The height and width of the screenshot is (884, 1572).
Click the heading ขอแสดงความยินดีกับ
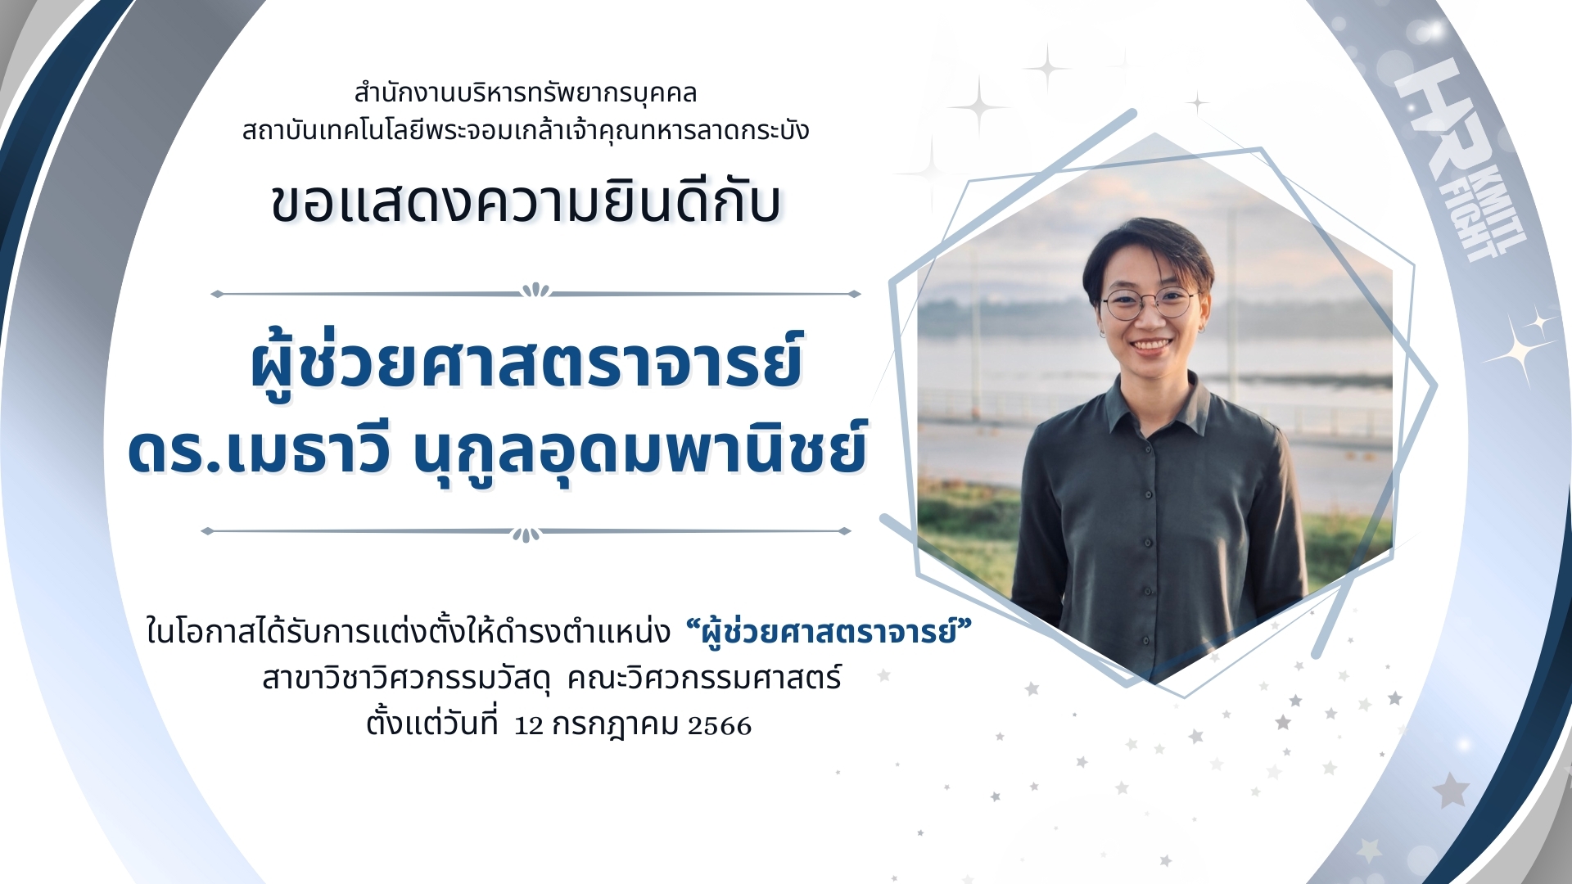[x=526, y=202]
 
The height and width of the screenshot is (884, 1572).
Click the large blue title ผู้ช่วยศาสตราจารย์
[x=526, y=364]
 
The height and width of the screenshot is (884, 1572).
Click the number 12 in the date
[x=529, y=726]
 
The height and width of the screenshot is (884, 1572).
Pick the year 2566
[x=720, y=726]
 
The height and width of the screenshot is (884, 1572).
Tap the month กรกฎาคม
[x=616, y=725]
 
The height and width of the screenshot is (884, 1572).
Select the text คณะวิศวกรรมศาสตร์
[x=704, y=679]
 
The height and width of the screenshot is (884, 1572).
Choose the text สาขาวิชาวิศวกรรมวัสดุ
[x=406, y=679]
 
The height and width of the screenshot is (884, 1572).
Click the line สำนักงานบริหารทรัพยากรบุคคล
[x=526, y=93]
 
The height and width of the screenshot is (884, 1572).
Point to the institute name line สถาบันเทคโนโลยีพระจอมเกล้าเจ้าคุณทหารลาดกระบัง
[x=526, y=130]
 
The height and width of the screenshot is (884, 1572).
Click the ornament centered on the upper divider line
[x=536, y=290]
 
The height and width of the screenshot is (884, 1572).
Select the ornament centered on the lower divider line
[x=526, y=534]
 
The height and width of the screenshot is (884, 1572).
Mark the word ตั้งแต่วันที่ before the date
[x=431, y=721]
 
